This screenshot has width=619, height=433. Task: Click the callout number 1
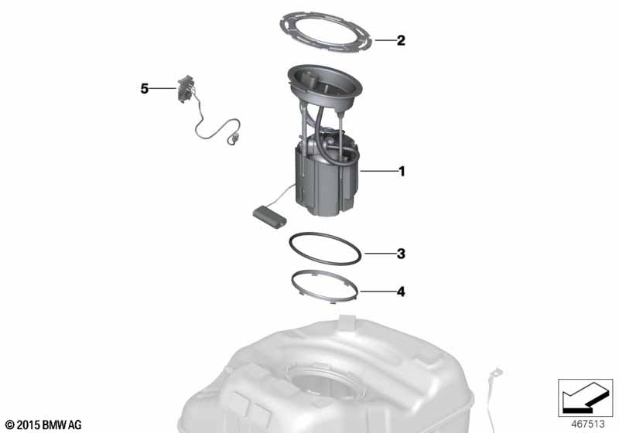(400, 172)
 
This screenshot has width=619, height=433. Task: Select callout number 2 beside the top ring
(400, 40)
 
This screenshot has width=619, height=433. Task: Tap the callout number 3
(400, 253)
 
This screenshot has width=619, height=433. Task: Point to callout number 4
(400, 292)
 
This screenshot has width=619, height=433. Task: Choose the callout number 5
(145, 89)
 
